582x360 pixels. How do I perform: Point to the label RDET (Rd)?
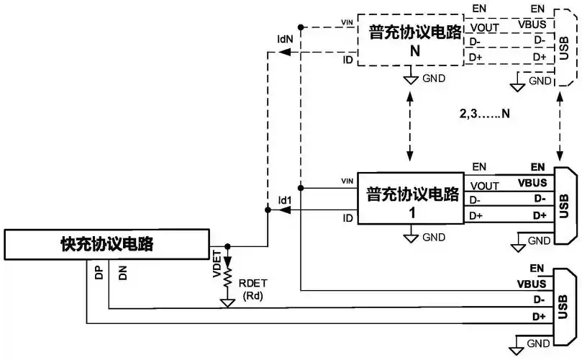click(x=251, y=288)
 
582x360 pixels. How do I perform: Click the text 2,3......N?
click(x=485, y=114)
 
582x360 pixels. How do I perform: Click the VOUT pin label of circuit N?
click(x=483, y=27)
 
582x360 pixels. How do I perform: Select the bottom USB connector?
click(x=563, y=302)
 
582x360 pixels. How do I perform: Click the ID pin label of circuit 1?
click(x=347, y=217)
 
